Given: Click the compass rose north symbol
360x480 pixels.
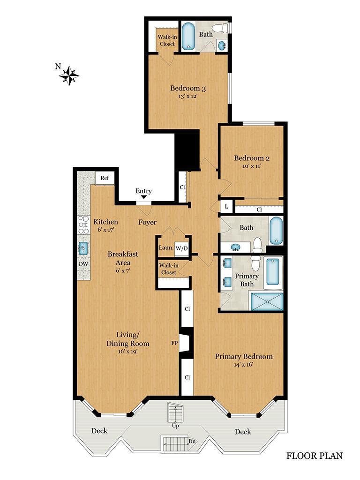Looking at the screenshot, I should click(x=69, y=75).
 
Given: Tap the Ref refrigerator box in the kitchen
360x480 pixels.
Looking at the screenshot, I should click(x=105, y=178).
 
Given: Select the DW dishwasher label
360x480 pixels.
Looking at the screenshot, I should click(x=83, y=264).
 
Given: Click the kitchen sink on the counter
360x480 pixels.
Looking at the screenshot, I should click(x=83, y=247).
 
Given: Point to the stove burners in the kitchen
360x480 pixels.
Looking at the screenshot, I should click(x=83, y=225).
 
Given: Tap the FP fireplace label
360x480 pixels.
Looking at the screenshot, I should click(x=174, y=343).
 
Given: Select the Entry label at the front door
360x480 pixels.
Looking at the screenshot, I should click(x=143, y=191).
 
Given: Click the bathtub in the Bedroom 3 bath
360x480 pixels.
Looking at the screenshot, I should click(x=188, y=37).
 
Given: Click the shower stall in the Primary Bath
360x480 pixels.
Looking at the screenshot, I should click(x=267, y=301).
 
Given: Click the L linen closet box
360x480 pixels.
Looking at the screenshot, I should click(x=226, y=206).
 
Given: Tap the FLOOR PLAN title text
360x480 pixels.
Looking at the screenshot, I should click(x=315, y=455).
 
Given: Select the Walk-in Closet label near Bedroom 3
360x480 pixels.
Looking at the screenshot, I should click(x=166, y=40).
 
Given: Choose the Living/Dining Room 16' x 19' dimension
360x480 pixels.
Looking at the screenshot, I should click(x=128, y=351).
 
